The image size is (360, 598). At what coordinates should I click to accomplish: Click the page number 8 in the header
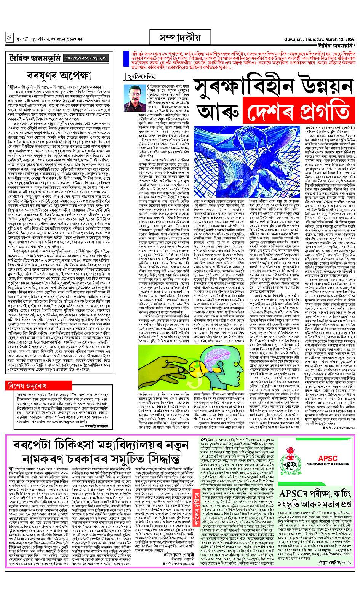8,38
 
